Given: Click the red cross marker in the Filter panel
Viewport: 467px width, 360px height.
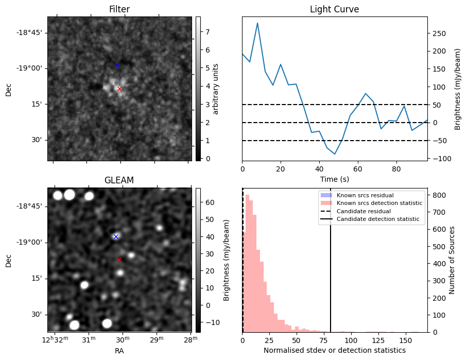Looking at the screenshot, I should [x=119, y=89].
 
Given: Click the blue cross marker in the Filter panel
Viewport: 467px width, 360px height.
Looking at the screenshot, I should [x=117, y=65].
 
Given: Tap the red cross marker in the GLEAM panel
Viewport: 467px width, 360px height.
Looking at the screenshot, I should [x=119, y=260].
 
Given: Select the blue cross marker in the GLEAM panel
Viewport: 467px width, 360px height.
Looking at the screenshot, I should [x=116, y=236].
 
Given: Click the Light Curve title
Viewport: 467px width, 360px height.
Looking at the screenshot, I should [x=334, y=9].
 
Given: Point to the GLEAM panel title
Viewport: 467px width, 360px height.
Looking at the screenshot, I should [x=119, y=180].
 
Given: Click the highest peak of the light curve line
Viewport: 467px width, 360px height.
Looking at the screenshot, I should [x=257, y=23].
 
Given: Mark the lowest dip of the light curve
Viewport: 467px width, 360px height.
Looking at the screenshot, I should [x=335, y=154].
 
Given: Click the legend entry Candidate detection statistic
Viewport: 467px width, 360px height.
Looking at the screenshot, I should [x=377, y=219].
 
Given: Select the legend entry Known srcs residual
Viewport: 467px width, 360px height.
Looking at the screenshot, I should [x=365, y=195].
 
